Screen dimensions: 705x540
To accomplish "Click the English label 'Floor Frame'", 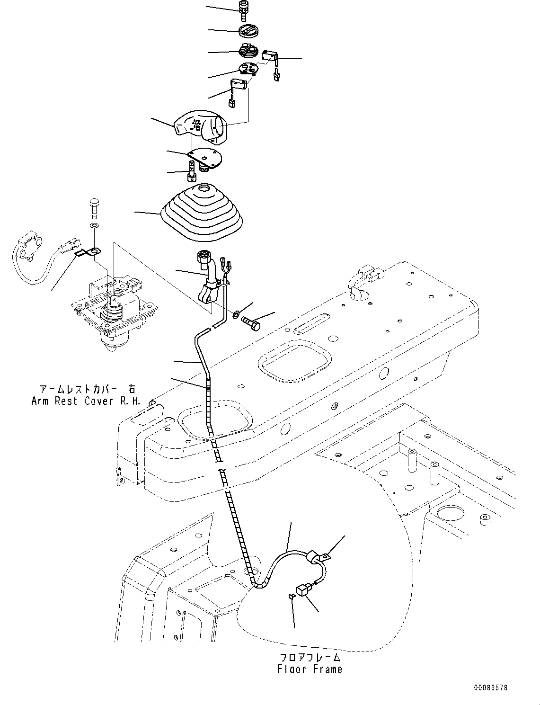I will coord(310,669).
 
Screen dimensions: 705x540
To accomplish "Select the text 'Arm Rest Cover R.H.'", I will coord(86,401).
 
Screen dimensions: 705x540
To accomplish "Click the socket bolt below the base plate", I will coord(192,171).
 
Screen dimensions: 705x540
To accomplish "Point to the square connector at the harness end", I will coord(302,590).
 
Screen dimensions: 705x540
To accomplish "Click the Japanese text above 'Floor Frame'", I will coord(310,657).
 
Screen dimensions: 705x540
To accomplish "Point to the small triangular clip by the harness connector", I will coord(292,597).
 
